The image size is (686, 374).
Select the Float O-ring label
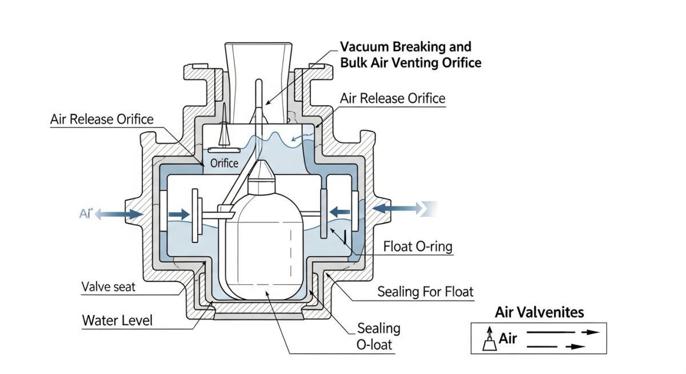pyautogui.click(x=417, y=247)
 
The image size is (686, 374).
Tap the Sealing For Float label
pyautogui.click(x=425, y=292)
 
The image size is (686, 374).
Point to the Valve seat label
pyautogui.click(x=109, y=287)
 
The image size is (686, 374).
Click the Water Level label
pyautogui.click(x=117, y=320)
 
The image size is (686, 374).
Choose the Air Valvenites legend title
pyautogui.click(x=539, y=312)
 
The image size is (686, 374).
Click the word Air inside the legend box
pyautogui.click(x=508, y=339)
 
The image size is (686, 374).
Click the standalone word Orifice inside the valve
pyautogui.click(x=224, y=164)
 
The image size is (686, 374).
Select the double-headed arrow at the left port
pyautogui.click(x=119, y=214)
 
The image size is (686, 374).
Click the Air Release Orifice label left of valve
pyautogui.click(x=102, y=119)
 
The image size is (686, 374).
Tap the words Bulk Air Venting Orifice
pyautogui.click(x=410, y=62)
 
